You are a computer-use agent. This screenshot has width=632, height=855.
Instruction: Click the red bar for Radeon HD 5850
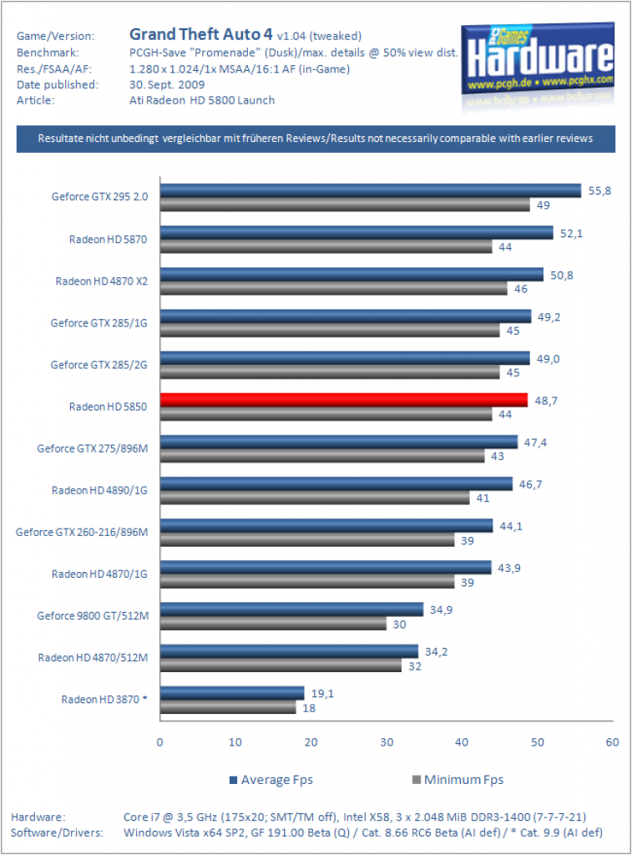pyautogui.click(x=344, y=400)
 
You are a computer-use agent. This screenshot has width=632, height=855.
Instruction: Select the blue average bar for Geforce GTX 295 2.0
pyautogui.click(x=371, y=190)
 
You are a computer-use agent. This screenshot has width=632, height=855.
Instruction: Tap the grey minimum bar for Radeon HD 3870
pyautogui.click(x=228, y=707)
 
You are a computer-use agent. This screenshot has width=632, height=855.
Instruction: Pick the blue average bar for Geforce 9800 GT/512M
pyautogui.click(x=291, y=609)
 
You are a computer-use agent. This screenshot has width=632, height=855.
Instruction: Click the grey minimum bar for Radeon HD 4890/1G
pyautogui.click(x=315, y=498)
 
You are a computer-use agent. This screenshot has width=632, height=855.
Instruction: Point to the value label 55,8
pyautogui.click(x=599, y=191)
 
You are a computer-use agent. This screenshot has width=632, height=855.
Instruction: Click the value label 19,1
pyautogui.click(x=322, y=694)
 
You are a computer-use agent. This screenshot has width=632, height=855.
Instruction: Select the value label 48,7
pyautogui.click(x=546, y=401)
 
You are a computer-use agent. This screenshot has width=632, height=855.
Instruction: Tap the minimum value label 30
pyautogui.click(x=399, y=625)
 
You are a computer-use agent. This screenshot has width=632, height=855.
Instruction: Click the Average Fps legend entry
pyautogui.click(x=271, y=780)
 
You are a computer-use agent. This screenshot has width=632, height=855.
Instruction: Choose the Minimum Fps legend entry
pyautogui.click(x=458, y=780)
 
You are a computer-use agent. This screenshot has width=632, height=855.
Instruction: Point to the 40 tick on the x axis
pyautogui.click(x=462, y=742)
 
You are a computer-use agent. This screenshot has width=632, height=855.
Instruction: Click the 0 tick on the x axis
pyautogui.click(x=159, y=742)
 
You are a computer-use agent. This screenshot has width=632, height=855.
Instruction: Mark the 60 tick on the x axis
pyautogui.click(x=612, y=742)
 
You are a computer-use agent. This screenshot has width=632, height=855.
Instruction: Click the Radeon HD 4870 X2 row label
pyautogui.click(x=101, y=281)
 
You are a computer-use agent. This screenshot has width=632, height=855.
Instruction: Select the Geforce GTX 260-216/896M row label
pyautogui.click(x=82, y=532)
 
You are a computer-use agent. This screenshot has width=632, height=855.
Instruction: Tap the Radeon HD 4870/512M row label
pyautogui.click(x=94, y=658)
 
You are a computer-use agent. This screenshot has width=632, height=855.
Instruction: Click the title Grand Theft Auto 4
pyautogui.click(x=200, y=34)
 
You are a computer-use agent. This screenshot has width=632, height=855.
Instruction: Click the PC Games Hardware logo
pyautogui.click(x=538, y=62)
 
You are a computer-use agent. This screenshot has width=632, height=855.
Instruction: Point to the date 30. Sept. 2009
pyautogui.click(x=167, y=84)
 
